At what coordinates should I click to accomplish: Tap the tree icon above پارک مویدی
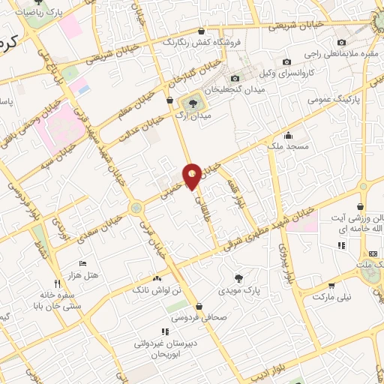pyautogui.click(x=238, y=276)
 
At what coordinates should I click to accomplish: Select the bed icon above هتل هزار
pyautogui.click(x=83, y=264)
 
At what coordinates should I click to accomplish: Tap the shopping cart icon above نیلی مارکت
pyautogui.click(x=331, y=285)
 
